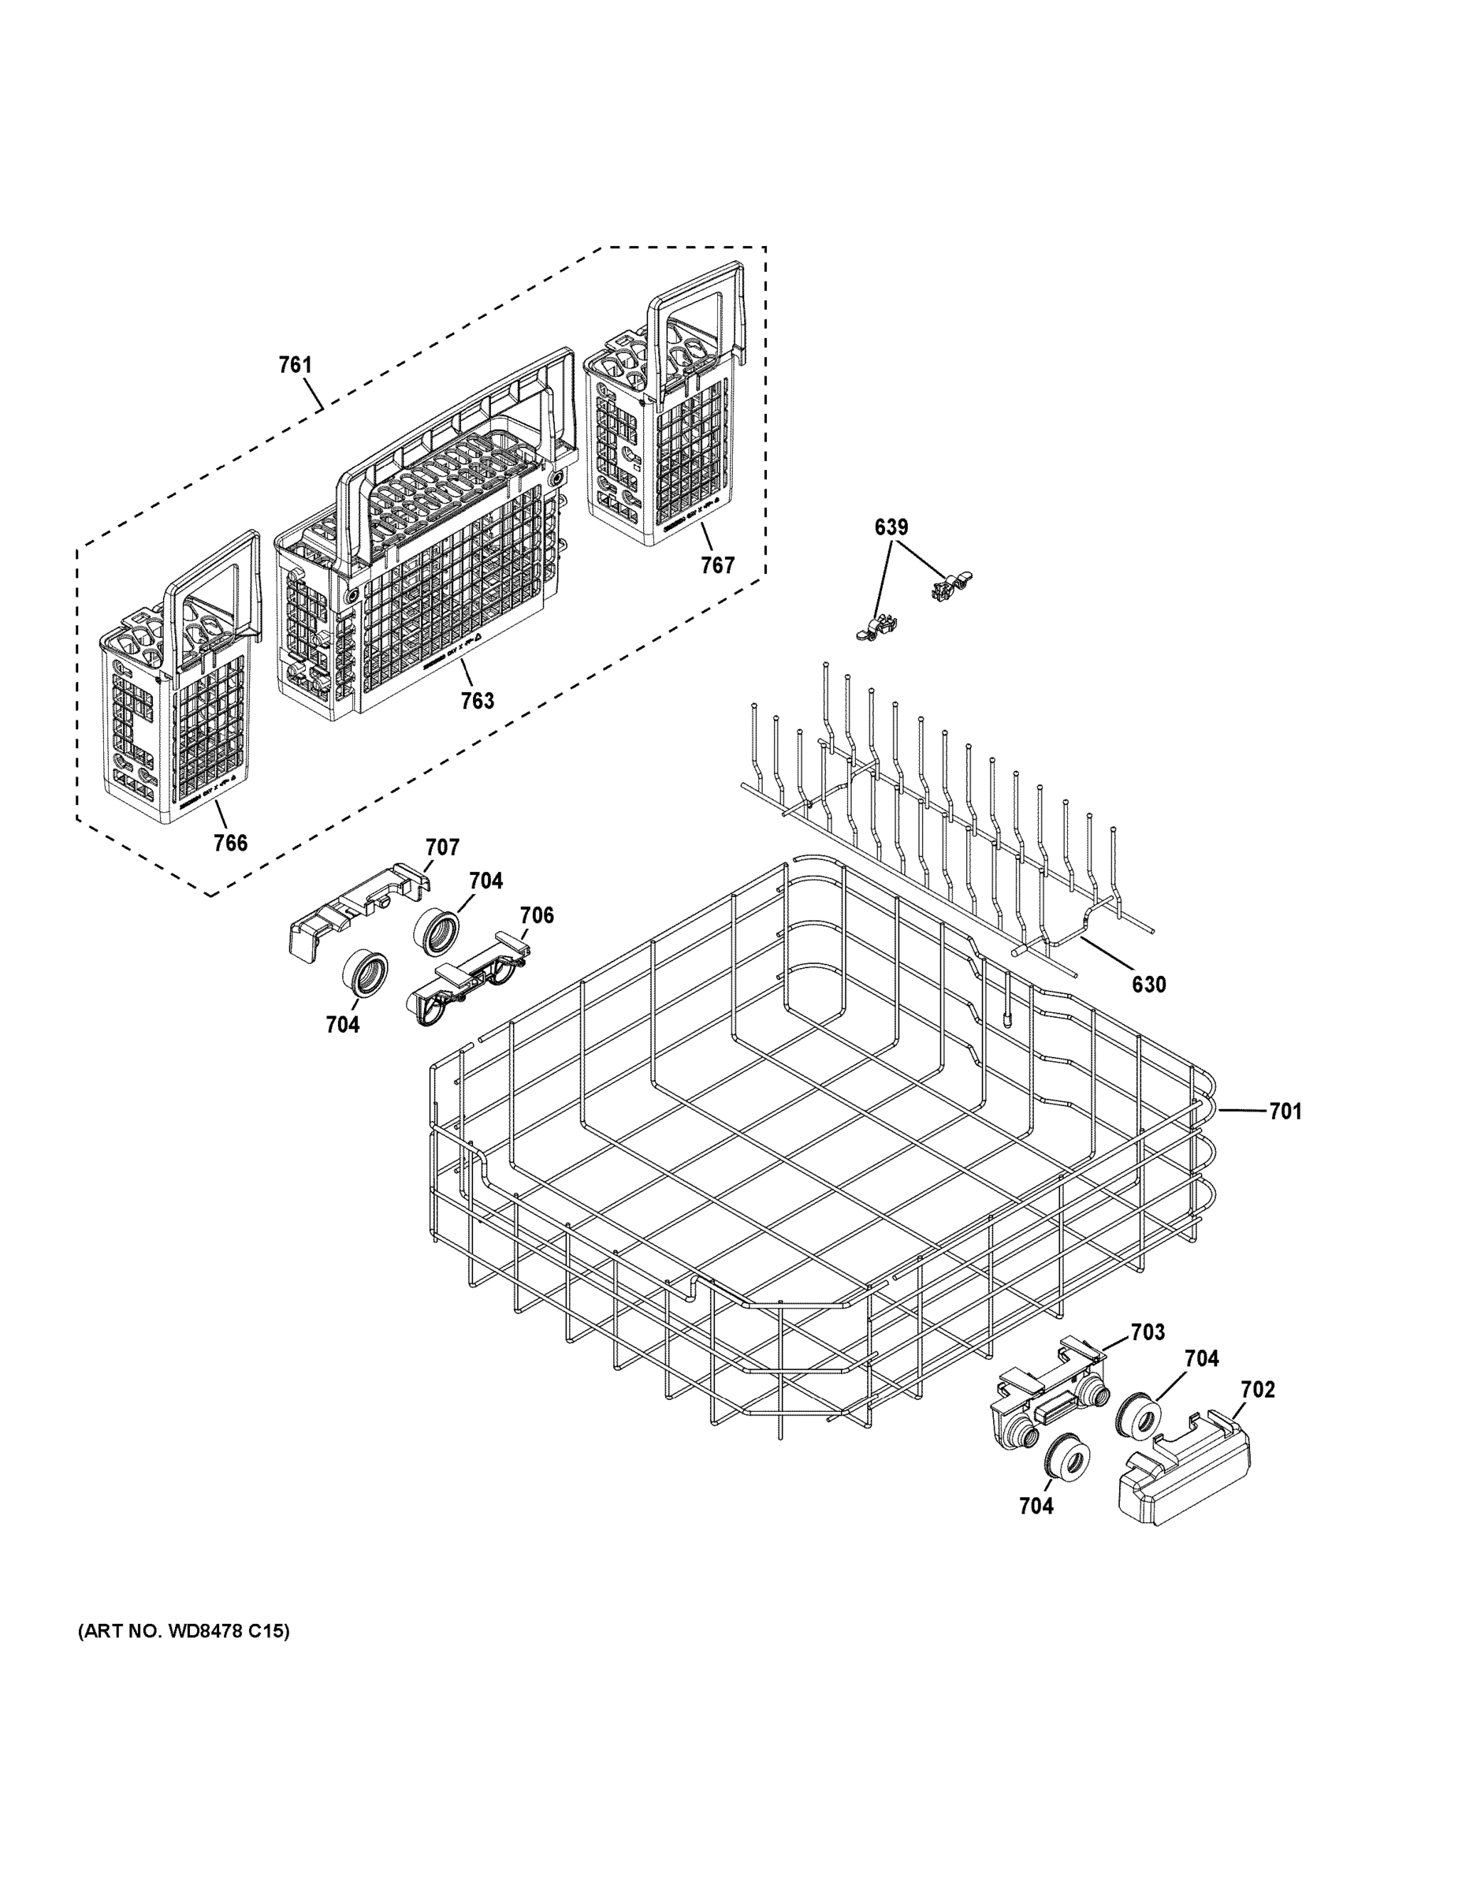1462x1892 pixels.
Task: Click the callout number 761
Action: (x=296, y=365)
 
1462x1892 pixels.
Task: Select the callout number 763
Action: (x=478, y=700)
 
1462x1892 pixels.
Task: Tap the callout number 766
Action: (x=230, y=842)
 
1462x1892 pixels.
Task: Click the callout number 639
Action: (x=891, y=527)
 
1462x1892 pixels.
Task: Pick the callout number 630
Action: (x=1148, y=984)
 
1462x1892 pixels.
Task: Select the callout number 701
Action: (x=1285, y=1111)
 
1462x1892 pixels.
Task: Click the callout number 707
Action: (x=441, y=847)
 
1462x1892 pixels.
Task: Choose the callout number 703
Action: (x=1148, y=1331)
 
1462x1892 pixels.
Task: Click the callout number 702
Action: (x=1258, y=1390)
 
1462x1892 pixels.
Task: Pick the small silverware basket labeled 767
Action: (x=663, y=433)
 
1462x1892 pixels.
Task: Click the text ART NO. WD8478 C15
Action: (x=184, y=1631)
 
